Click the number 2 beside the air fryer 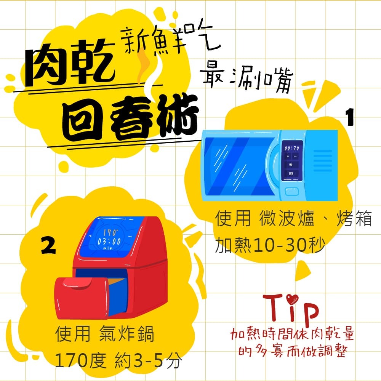[x=49, y=246]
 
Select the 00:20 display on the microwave [x=292, y=148]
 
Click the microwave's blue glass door [x=238, y=167]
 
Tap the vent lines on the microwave [x=323, y=161]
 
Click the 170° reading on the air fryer [x=111, y=232]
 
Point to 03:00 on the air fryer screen [x=109, y=242]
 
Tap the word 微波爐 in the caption [x=287, y=218]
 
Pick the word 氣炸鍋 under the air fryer [x=126, y=334]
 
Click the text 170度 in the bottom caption [x=80, y=360]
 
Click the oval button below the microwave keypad [x=291, y=191]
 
